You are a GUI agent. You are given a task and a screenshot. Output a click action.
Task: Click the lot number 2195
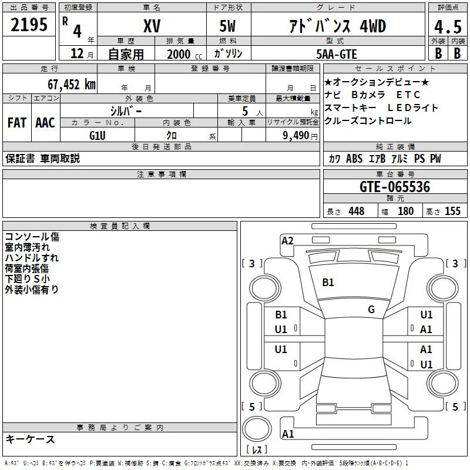[29, 25]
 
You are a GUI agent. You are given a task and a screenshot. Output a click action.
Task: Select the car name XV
[152, 26]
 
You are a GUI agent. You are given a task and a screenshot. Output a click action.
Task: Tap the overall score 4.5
[448, 27]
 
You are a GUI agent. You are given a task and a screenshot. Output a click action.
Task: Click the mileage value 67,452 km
[72, 85]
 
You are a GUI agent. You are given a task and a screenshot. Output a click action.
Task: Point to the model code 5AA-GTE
[337, 54]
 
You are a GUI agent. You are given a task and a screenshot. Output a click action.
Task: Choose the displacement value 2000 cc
[184, 55]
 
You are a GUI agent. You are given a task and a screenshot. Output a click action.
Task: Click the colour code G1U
[98, 136]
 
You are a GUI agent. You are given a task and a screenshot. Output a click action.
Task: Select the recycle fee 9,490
[296, 136]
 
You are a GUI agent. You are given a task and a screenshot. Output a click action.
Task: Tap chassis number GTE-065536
[395, 187]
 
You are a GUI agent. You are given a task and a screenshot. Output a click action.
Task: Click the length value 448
[357, 211]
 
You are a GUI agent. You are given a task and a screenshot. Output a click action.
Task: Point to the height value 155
[452, 211]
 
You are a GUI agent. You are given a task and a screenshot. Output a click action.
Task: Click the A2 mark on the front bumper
[287, 241]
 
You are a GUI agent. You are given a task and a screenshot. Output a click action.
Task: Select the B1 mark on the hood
[328, 283]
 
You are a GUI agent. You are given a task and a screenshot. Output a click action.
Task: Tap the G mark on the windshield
[371, 310]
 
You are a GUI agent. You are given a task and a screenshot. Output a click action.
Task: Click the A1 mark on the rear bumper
[288, 434]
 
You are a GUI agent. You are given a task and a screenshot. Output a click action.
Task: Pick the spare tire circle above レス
[257, 429]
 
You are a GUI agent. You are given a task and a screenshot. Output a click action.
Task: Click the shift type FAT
[17, 123]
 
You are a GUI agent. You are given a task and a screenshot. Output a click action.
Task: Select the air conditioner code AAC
[45, 123]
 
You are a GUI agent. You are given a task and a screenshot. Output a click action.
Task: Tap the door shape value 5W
[227, 26]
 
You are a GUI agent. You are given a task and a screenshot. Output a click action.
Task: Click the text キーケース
[31, 439]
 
